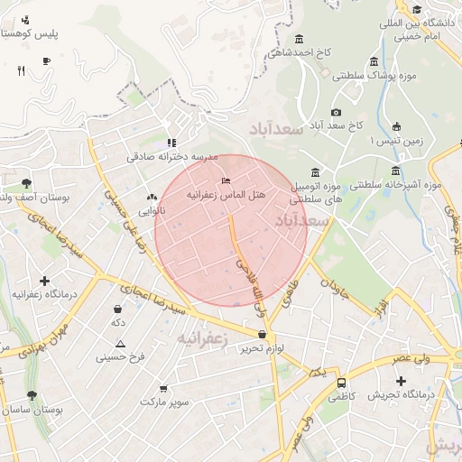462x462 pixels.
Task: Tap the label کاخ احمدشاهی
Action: coord(306,52)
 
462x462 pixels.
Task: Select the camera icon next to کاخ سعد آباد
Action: coord(337,112)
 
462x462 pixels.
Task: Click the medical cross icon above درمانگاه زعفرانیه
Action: coord(44,282)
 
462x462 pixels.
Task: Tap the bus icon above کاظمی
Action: coord(341,383)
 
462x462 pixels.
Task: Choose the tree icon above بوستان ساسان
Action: coord(32,396)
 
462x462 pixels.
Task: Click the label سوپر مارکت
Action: coord(164,401)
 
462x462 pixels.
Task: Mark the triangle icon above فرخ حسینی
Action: coord(120,344)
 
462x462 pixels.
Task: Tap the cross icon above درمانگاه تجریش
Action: coord(401,381)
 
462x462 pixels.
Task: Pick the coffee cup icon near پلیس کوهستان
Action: coord(46,60)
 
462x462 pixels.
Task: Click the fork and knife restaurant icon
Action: coord(20,71)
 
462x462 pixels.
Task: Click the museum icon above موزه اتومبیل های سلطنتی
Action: coord(315,172)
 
